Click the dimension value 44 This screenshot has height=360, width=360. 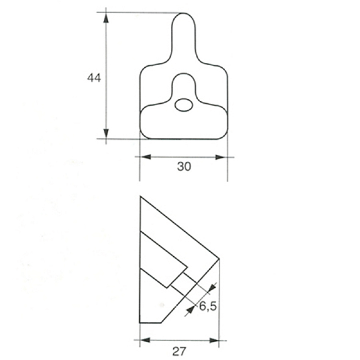pos(94,78)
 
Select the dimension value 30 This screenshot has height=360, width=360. pos(184,167)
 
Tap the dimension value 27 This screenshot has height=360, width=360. pos(179,351)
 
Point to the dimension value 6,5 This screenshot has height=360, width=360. pos(208,306)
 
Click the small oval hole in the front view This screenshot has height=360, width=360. pos(184,105)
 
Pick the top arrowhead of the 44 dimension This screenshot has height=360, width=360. pos(106,18)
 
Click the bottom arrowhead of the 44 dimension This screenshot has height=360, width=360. pos(106,133)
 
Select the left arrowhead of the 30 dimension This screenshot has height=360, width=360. pos(145,157)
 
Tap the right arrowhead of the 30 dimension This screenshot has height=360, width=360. pos(222,157)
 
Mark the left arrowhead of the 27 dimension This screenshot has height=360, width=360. pos(145,340)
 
